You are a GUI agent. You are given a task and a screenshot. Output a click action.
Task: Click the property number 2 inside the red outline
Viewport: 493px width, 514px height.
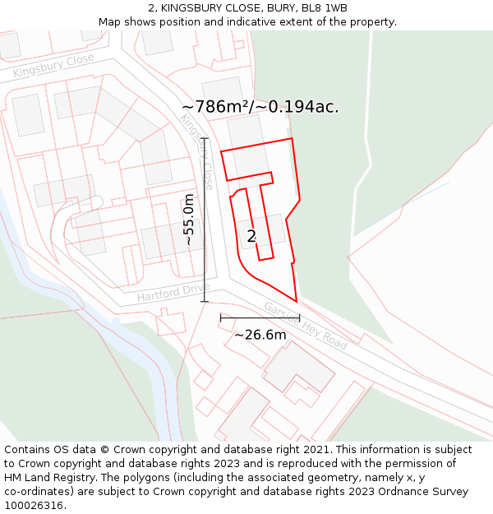click(x=251, y=237)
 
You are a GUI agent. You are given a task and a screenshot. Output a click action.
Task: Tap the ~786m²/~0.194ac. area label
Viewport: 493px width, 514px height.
click(x=260, y=107)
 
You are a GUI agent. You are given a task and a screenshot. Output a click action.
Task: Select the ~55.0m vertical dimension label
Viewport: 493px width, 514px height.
click(x=190, y=220)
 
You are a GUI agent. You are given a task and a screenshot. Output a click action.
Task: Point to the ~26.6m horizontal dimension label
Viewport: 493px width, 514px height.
click(x=260, y=335)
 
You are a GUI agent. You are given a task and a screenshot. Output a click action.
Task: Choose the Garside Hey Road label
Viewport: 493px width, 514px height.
click(x=305, y=326)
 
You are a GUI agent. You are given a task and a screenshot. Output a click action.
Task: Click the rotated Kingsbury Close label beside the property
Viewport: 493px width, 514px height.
click(x=197, y=152)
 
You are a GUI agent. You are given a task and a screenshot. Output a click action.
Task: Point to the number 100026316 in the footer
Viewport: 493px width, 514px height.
click(x=34, y=506)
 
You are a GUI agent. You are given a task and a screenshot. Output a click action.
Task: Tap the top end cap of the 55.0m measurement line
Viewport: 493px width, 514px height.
click(x=205, y=138)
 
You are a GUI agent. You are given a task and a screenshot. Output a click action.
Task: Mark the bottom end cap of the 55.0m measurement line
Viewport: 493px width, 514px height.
click(x=205, y=302)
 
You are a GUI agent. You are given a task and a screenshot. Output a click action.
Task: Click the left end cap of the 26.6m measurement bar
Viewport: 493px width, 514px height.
click(x=220, y=317)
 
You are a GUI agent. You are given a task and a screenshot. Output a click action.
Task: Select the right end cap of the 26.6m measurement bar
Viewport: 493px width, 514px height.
click(x=299, y=317)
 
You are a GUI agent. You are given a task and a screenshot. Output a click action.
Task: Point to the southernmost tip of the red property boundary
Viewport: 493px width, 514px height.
click(x=296, y=301)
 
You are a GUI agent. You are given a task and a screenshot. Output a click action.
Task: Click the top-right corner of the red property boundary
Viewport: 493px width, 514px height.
click(x=292, y=138)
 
